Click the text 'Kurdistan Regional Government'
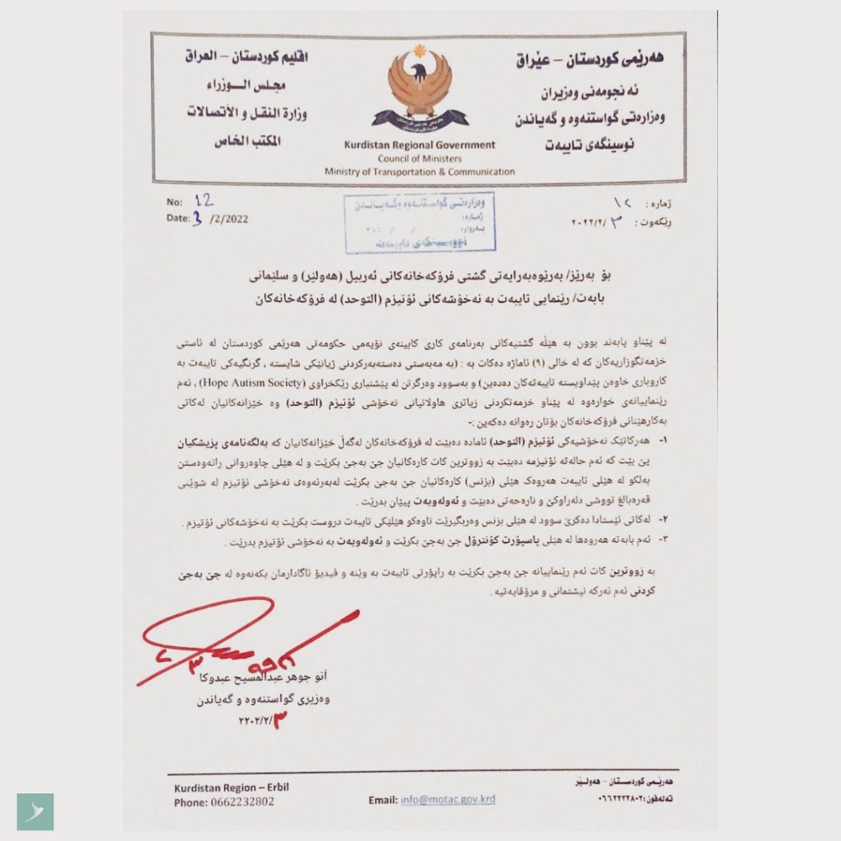coord(420,145)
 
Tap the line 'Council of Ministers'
coord(420,159)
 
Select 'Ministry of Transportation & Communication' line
coord(420,172)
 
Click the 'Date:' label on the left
coord(177,218)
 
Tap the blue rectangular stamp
coord(420,222)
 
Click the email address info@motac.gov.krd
coord(448,799)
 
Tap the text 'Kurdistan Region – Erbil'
coord(231,788)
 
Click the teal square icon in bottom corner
coord(35,811)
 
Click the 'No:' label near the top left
coord(174,201)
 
